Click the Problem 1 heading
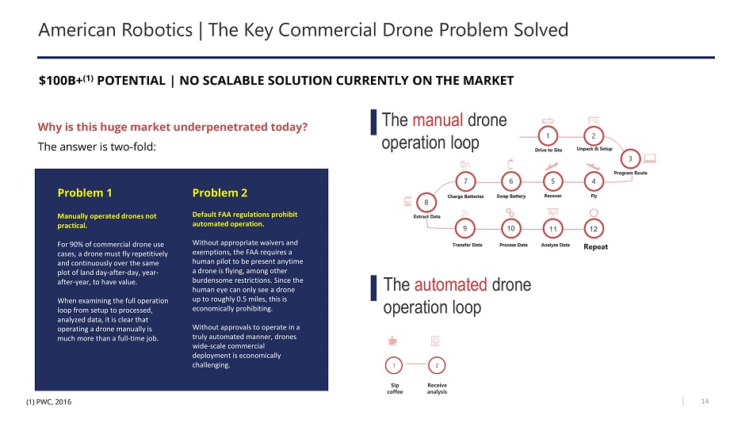click(x=85, y=193)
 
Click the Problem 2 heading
click(x=220, y=193)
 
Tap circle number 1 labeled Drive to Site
click(x=548, y=136)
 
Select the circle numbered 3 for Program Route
click(x=630, y=159)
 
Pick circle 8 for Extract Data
click(x=426, y=203)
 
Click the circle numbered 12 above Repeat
click(x=594, y=229)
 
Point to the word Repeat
click(x=595, y=247)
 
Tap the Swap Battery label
click(x=511, y=196)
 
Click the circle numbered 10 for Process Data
click(x=510, y=229)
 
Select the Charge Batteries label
click(x=465, y=196)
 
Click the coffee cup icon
click(x=393, y=341)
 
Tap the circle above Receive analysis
click(x=437, y=365)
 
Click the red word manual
click(x=438, y=120)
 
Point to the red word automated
click(x=450, y=284)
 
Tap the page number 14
click(x=705, y=402)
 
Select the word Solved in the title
click(x=541, y=30)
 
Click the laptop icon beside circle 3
click(x=650, y=158)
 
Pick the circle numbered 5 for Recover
click(x=552, y=181)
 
